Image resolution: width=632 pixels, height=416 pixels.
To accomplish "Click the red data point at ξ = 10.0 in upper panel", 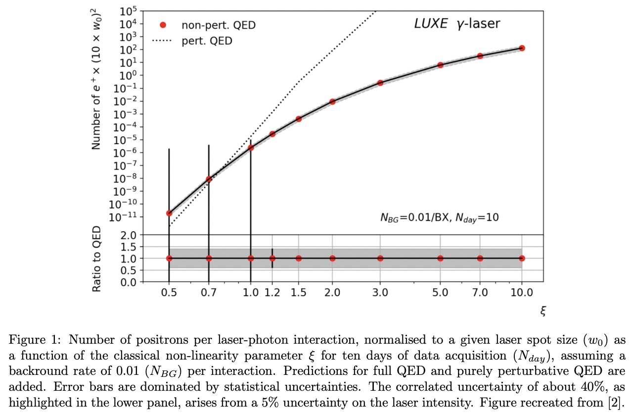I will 522,48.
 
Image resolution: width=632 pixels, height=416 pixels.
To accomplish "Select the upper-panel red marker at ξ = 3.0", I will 380,83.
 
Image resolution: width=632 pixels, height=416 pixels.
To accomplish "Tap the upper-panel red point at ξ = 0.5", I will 169,213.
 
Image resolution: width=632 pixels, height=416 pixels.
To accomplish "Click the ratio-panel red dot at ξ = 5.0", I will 440,258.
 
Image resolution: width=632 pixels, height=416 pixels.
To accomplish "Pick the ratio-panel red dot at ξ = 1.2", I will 272,258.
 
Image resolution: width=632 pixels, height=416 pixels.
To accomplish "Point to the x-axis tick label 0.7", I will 209,292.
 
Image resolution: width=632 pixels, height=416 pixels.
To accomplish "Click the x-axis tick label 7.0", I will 480,292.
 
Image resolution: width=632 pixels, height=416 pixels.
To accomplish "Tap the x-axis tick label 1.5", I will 298,292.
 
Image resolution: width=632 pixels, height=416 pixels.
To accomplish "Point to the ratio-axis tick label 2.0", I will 129,235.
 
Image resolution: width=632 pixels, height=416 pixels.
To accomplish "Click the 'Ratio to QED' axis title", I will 97,258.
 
